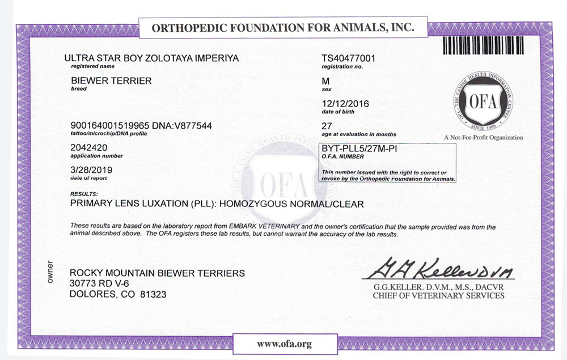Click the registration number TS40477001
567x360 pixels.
click(x=349, y=58)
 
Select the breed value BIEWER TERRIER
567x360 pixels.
click(x=111, y=81)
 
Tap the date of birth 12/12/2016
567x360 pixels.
click(x=344, y=104)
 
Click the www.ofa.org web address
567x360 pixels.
click(x=284, y=344)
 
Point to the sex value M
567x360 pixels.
click(x=325, y=81)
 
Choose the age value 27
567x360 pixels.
click(x=327, y=126)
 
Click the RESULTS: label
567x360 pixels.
click(x=83, y=194)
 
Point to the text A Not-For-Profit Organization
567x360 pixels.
click(x=483, y=138)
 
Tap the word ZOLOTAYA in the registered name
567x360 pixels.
click(x=160, y=58)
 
